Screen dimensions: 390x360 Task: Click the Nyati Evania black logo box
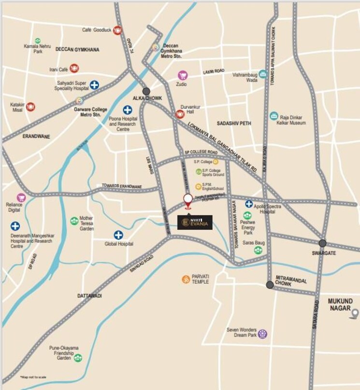[x=195, y=222]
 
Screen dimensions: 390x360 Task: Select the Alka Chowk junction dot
[x=146, y=91]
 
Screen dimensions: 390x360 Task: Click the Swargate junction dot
[x=322, y=243]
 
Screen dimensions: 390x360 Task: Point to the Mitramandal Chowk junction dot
[x=270, y=285]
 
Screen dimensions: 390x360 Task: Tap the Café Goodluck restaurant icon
[x=117, y=30]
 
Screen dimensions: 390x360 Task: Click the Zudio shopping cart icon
[x=182, y=75]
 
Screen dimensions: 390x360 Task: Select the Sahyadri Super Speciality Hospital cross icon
[x=94, y=85]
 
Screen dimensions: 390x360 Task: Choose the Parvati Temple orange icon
[x=186, y=279]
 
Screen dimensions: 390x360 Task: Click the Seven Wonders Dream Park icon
[x=262, y=333]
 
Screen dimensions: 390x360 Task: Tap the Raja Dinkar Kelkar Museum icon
[x=274, y=116]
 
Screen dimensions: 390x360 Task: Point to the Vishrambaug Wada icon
[x=262, y=74]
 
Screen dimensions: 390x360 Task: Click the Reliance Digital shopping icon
[x=21, y=197]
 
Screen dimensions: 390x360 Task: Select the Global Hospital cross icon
[x=118, y=235]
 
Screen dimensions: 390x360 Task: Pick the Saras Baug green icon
[x=259, y=250]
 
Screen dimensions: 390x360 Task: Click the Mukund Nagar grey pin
[x=355, y=314]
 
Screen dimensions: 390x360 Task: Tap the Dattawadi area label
[x=89, y=295]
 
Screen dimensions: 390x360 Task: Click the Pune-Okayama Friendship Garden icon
[x=78, y=358]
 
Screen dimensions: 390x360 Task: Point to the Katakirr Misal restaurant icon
[x=30, y=106]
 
